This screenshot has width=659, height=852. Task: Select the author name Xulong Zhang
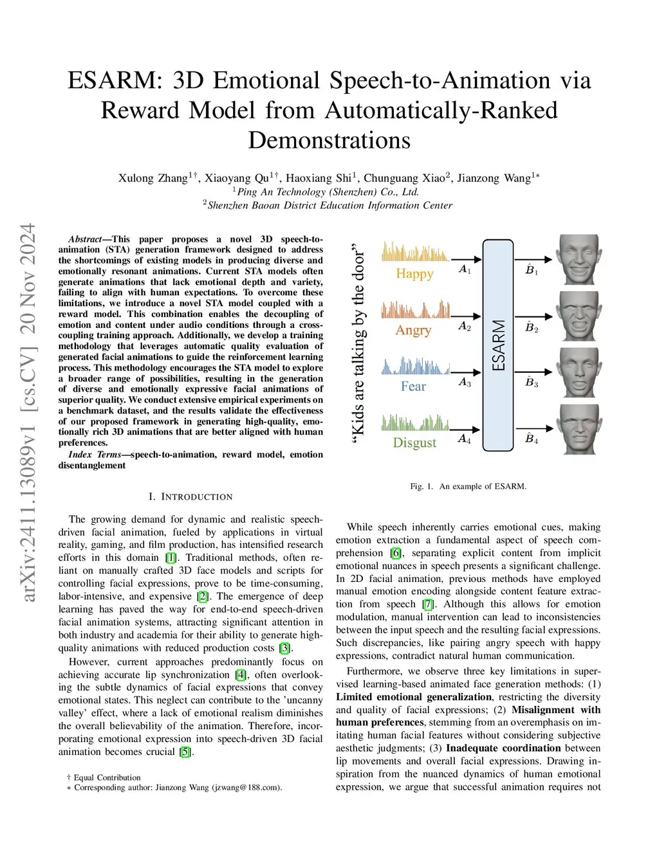(x=153, y=178)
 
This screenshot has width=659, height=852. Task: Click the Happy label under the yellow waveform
(x=414, y=274)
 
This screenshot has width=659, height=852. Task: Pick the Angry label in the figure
(x=413, y=331)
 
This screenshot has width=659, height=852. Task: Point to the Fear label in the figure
(x=413, y=386)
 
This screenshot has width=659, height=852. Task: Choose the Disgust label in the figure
(x=414, y=443)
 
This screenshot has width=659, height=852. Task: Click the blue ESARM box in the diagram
(x=498, y=345)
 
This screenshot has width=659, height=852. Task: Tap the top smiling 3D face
(x=579, y=259)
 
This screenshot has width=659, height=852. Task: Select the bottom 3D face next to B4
(x=579, y=429)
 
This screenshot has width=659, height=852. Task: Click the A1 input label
(x=465, y=269)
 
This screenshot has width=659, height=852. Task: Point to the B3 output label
(x=532, y=383)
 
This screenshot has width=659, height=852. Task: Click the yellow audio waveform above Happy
(x=414, y=252)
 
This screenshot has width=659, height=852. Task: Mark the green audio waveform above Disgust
(x=414, y=422)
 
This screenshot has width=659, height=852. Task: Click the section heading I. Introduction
(x=190, y=497)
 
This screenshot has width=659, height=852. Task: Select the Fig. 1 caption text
(x=468, y=487)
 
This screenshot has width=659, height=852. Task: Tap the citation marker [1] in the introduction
(x=171, y=558)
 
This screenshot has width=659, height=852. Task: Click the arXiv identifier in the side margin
(x=28, y=412)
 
